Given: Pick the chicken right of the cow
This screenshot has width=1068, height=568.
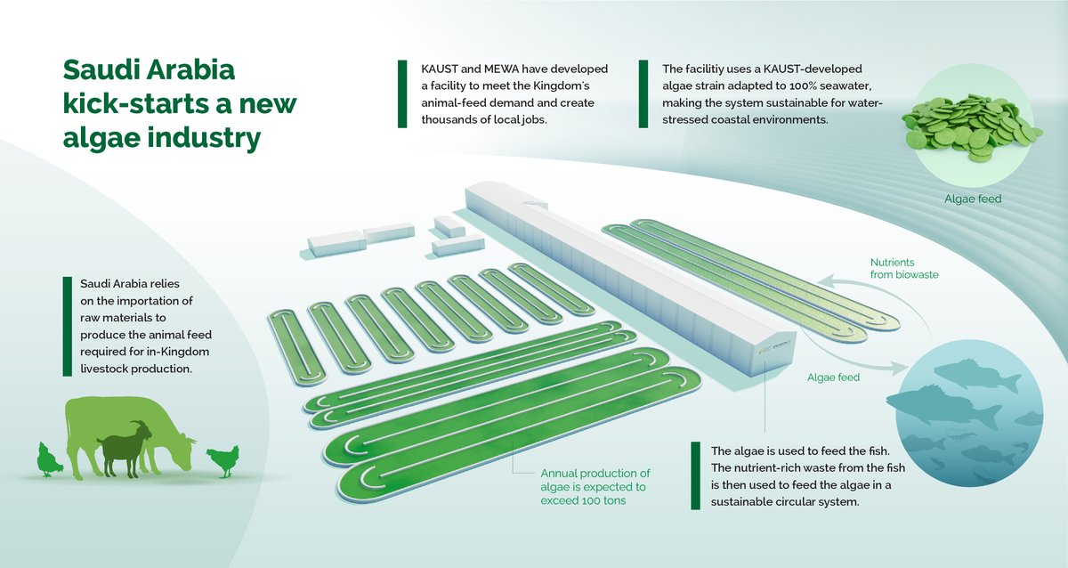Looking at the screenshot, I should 222,459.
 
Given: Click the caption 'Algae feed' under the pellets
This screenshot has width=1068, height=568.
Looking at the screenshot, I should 973,199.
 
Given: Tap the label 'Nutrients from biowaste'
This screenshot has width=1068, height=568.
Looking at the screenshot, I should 902,269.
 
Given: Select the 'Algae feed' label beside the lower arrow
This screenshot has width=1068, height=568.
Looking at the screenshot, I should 833,377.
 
